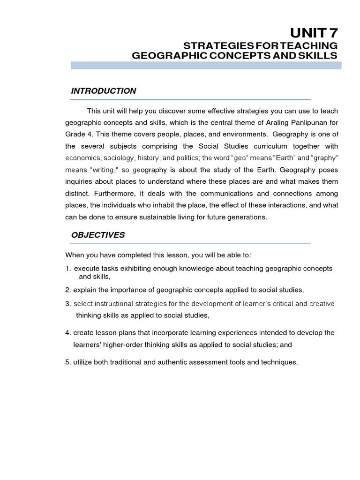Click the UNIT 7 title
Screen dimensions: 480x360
click(314, 33)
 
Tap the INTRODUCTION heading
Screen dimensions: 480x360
click(104, 91)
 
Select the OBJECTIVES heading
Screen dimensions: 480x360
click(98, 235)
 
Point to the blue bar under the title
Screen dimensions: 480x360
click(206, 66)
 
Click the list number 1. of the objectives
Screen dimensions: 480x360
click(68, 269)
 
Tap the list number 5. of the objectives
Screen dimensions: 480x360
click(68, 362)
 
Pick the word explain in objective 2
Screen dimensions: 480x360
click(84, 290)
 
